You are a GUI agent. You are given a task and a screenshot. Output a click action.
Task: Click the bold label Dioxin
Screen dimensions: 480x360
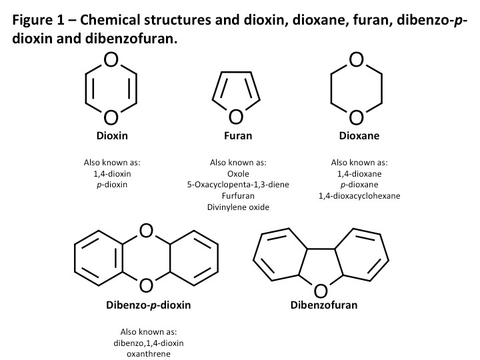(x=112, y=135)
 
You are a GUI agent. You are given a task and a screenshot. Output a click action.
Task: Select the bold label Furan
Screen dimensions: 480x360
(x=238, y=135)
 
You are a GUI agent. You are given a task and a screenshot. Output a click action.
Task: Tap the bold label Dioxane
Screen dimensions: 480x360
(x=359, y=135)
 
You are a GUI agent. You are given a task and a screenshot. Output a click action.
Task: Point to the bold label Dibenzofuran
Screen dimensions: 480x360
(x=324, y=305)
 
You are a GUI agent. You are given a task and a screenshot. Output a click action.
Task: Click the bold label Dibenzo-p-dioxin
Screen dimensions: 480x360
(x=149, y=305)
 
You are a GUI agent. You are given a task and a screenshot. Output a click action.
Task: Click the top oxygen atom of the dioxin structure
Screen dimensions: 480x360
(x=111, y=60)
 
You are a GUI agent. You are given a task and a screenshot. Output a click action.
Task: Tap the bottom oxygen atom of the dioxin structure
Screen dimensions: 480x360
(x=111, y=117)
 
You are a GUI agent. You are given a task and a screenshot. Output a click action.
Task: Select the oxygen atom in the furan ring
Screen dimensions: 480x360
(x=236, y=117)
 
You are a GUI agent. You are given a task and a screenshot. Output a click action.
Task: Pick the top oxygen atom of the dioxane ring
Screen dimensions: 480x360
(x=356, y=60)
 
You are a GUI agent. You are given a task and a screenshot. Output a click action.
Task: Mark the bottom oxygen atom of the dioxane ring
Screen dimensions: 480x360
(x=356, y=117)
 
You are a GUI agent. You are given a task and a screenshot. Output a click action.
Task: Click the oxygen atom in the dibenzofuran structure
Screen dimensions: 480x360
(x=321, y=291)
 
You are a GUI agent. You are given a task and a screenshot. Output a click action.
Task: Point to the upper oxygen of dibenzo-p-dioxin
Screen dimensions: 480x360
(x=146, y=231)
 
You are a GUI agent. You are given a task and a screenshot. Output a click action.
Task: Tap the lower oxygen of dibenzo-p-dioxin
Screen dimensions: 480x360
(x=146, y=285)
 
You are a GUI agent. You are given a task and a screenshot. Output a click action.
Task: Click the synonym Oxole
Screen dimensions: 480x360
(x=238, y=174)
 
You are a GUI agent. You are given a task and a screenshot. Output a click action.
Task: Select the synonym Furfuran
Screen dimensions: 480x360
(x=238, y=196)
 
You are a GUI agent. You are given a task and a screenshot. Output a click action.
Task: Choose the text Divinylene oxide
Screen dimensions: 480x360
(x=238, y=207)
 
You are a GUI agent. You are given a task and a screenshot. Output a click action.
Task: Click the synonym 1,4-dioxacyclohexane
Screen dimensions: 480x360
(x=359, y=196)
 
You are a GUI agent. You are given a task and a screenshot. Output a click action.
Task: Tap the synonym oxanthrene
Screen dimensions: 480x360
(x=149, y=354)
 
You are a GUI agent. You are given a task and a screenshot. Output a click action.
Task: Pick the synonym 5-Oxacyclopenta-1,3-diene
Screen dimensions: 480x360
(x=238, y=185)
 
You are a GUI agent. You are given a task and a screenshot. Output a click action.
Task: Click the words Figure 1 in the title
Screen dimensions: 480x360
(x=39, y=20)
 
